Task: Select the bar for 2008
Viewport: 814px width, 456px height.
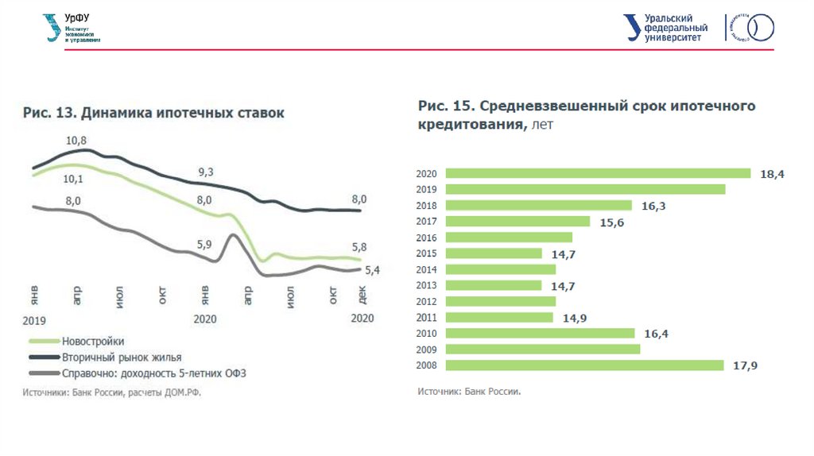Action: point(584,365)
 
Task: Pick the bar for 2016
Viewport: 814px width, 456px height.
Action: point(509,237)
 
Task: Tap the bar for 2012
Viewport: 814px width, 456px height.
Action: point(500,301)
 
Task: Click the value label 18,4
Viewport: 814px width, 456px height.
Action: point(772,174)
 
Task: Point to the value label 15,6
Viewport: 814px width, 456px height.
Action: point(611,222)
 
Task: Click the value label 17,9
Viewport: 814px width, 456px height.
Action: point(745,365)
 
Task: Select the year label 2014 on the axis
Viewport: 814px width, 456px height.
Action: point(427,269)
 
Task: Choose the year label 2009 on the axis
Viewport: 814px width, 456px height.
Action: point(427,350)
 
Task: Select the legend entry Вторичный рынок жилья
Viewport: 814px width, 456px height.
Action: point(122,357)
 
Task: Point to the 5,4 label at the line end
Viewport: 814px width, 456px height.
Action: point(372,270)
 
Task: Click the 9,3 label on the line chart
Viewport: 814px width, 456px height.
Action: point(206,172)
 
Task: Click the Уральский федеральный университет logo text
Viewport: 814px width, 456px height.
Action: point(675,28)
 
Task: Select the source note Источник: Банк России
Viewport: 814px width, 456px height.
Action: point(469,392)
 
